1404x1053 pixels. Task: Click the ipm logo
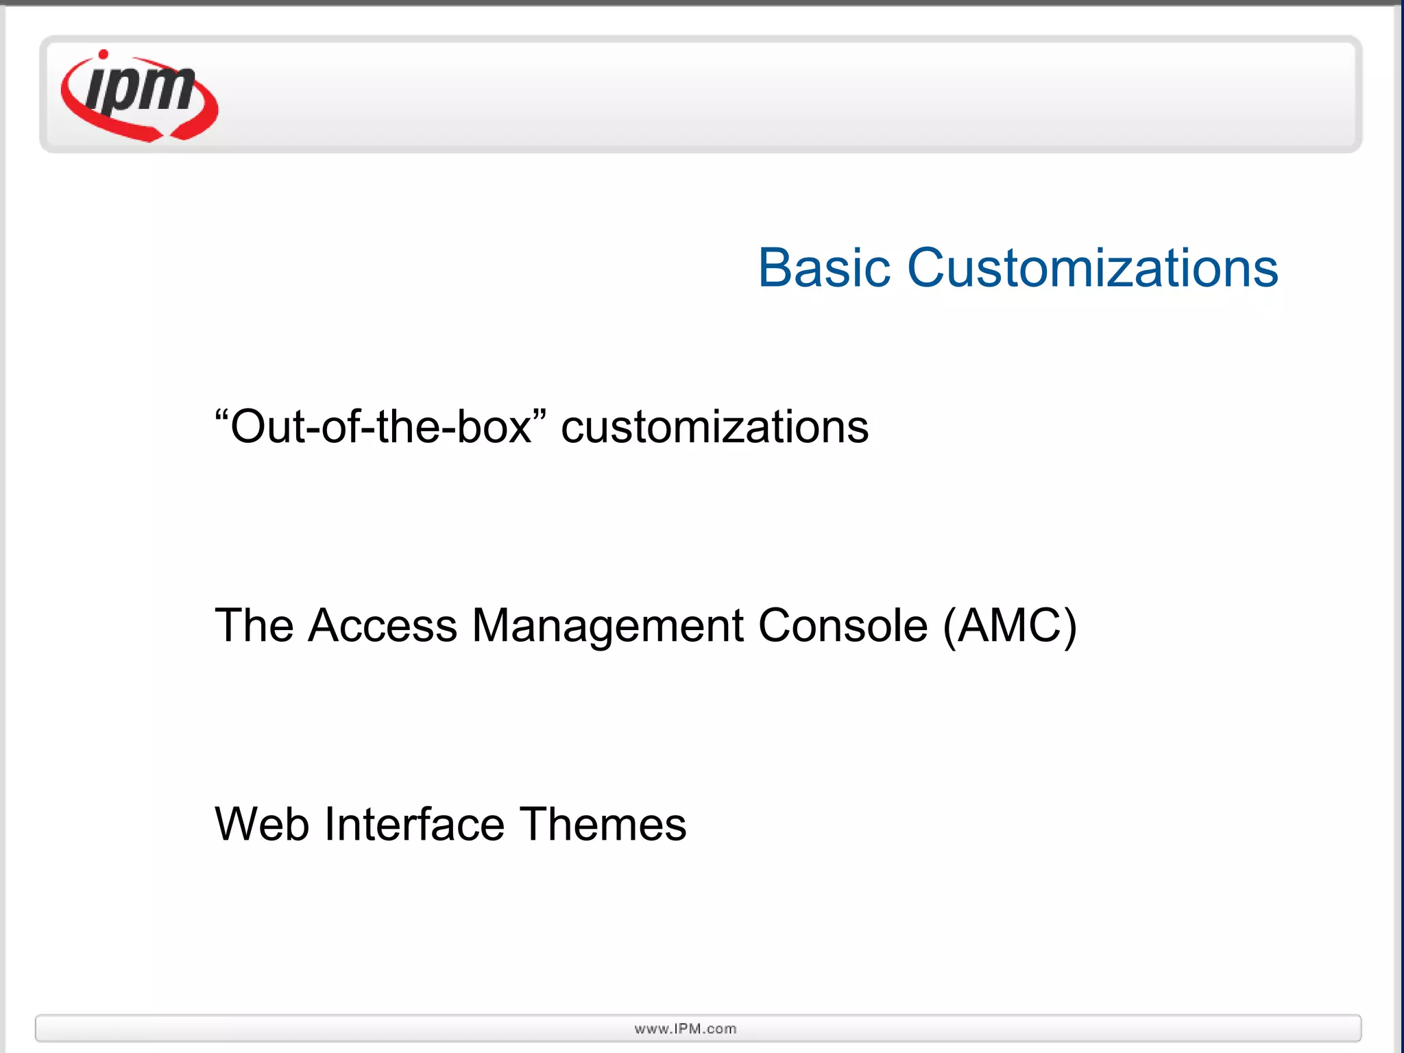[140, 96]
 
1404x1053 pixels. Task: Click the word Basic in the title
[823, 268]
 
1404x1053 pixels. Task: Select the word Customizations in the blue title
[1093, 268]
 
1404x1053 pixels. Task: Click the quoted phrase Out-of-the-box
[381, 426]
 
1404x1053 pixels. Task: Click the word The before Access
[254, 625]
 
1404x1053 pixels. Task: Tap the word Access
[382, 625]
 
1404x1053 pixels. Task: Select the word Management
[607, 627]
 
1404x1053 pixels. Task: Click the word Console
[843, 625]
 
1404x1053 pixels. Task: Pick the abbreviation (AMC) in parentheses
[1010, 625]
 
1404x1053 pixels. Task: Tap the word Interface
[414, 824]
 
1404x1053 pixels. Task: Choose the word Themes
[603, 824]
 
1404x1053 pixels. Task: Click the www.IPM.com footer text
[686, 1028]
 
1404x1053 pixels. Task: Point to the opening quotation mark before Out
[221, 415]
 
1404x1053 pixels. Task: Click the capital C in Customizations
[928, 268]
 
